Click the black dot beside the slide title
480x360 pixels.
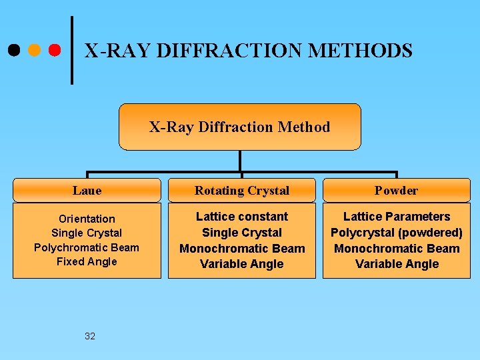14,50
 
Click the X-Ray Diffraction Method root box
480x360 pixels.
239,127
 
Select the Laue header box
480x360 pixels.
87,190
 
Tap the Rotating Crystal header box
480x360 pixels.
241,190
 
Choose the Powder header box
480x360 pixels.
396,190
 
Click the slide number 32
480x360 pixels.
90,336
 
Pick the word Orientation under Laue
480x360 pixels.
87,219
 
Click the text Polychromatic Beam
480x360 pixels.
87,247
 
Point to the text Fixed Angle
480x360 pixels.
87,261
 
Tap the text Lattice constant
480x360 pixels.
241,217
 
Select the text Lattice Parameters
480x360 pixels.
397,217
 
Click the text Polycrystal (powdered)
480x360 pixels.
397,233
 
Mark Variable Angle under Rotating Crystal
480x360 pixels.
241,264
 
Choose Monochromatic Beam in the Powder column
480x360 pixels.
397,249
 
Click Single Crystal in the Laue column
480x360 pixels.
87,233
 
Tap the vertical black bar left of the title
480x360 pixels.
71,50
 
